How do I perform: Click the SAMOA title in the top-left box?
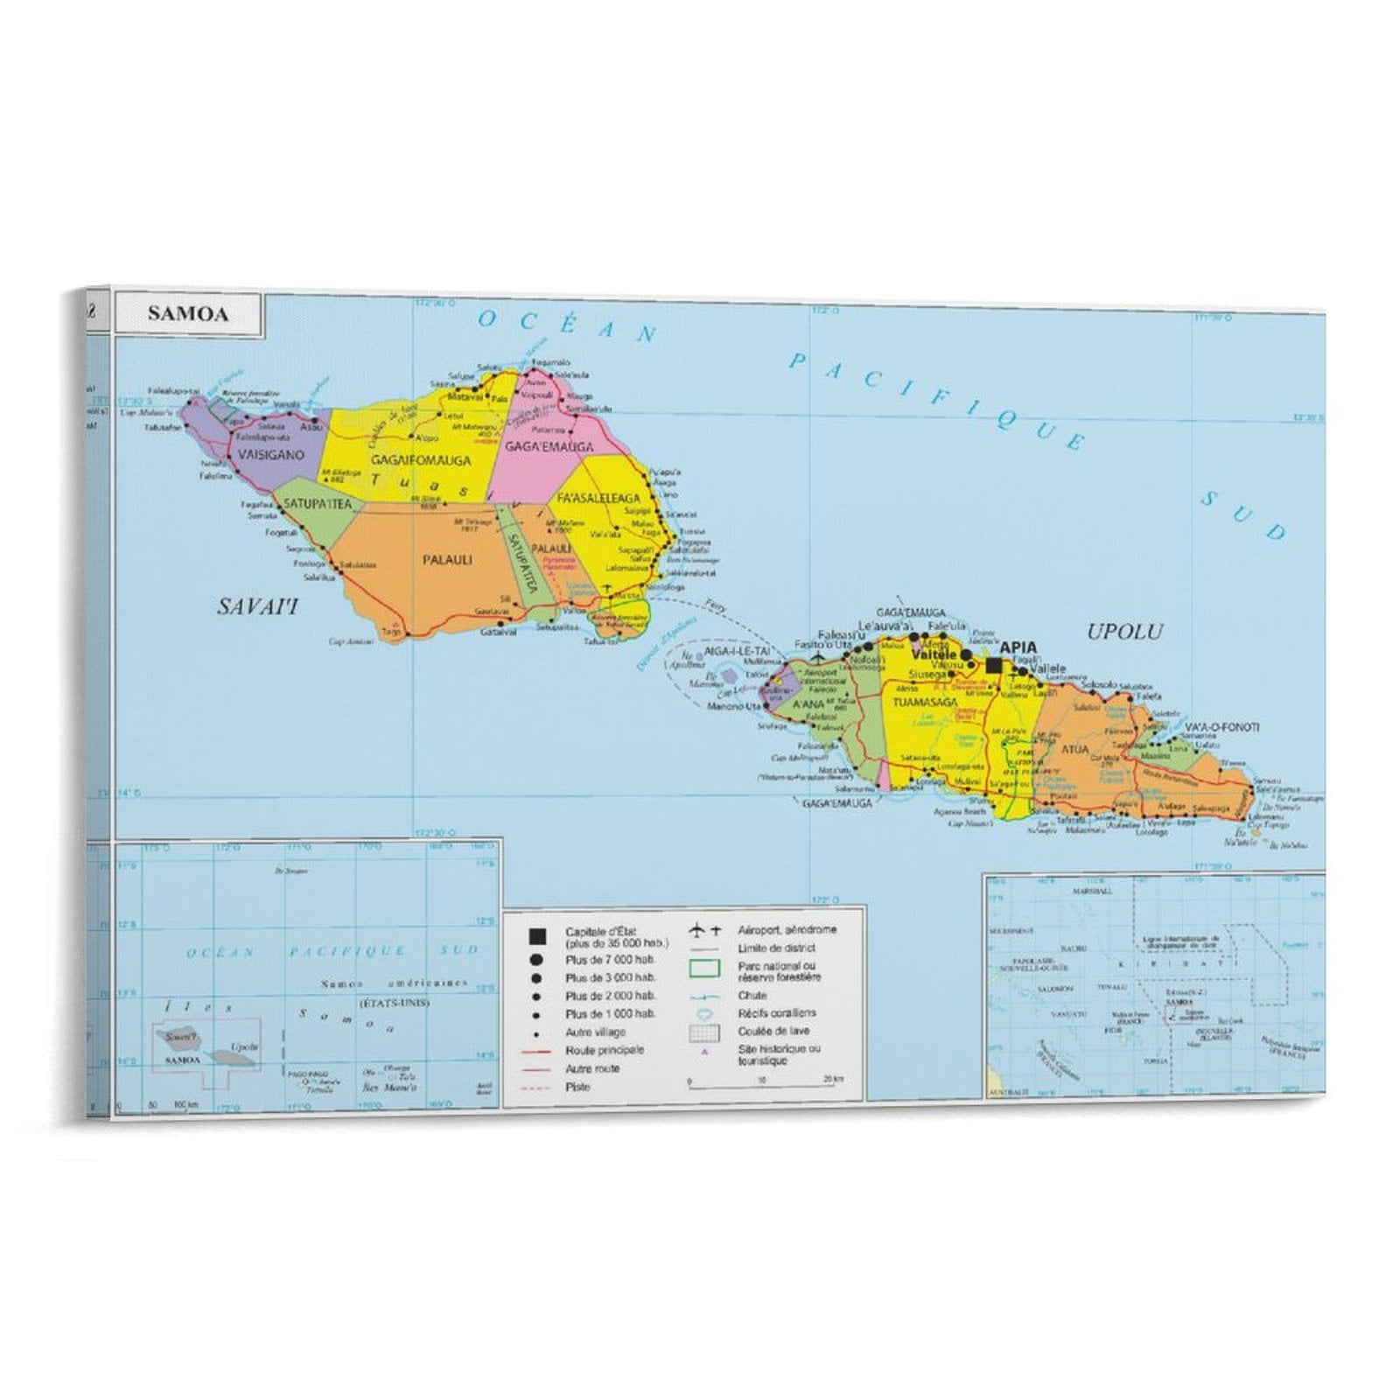coord(187,314)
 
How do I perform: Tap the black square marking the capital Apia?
coord(994,665)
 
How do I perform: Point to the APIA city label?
coord(1018,648)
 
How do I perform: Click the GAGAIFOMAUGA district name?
coord(420,460)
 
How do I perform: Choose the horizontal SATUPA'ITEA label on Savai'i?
coord(316,504)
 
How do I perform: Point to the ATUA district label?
coord(1075,749)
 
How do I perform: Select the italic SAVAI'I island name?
coord(257,605)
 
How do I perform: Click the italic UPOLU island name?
coord(1124,632)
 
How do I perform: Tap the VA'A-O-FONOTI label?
coord(1221,727)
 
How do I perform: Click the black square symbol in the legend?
coord(537,937)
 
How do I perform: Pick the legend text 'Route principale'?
coord(605,1050)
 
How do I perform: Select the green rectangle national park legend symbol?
coord(704,969)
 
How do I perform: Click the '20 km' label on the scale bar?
coord(833,1080)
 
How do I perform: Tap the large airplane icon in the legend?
coord(697,929)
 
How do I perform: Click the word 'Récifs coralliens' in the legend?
coord(777,1013)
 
